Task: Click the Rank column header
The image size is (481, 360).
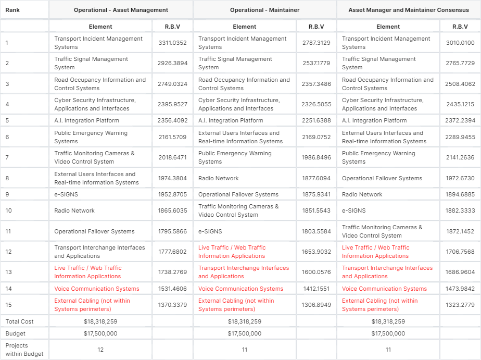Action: point(13,10)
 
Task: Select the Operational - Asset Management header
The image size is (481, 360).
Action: point(121,10)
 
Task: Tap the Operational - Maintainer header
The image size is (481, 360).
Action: point(264,10)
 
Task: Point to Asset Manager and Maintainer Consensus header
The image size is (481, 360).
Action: point(408,10)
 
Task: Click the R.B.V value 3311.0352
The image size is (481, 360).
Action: point(172,43)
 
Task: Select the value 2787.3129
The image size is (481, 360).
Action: point(316,43)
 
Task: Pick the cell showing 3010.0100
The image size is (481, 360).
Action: point(460,43)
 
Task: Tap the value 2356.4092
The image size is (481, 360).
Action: point(172,121)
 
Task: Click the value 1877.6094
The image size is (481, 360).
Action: point(316,178)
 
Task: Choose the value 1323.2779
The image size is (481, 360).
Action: point(460,305)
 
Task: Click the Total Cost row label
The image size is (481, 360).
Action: point(19,321)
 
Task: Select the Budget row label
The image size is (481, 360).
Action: point(15,333)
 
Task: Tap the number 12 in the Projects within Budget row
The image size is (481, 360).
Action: point(100,350)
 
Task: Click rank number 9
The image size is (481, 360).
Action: point(7,194)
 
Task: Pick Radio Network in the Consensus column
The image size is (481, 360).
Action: point(362,194)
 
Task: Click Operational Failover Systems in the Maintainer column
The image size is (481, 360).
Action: point(238,194)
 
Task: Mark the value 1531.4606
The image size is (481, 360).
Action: point(172,289)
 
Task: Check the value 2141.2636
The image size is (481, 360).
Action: point(460,157)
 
